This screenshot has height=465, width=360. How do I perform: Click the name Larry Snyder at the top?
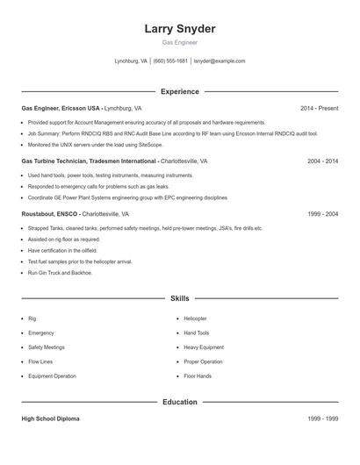[x=180, y=29]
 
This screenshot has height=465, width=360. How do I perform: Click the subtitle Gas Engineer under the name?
[x=180, y=42]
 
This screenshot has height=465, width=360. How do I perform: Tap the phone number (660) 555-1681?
[x=170, y=61]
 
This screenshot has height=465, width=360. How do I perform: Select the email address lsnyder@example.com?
[x=219, y=61]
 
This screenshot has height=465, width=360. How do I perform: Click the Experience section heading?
[x=180, y=91]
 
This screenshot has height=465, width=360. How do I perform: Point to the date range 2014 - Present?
[x=319, y=108]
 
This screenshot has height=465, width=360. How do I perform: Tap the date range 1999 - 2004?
[x=322, y=213]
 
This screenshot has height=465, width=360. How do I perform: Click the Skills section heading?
[x=180, y=298]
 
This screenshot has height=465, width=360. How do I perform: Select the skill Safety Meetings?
[x=46, y=347]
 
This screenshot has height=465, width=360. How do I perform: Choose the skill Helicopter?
[x=195, y=318]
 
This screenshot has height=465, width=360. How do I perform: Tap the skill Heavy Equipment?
[x=204, y=347]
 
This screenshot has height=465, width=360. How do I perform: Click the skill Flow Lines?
[x=40, y=361]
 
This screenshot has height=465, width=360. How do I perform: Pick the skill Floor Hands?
[x=198, y=376]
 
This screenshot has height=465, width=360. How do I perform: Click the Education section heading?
[x=180, y=402]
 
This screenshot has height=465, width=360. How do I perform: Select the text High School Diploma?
[x=50, y=418]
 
